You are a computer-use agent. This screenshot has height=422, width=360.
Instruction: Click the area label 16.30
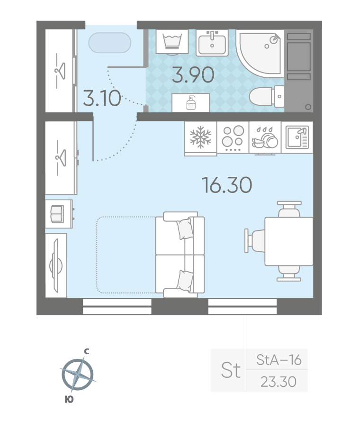[227, 185]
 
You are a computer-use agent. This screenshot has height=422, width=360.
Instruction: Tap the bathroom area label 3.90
[193, 75]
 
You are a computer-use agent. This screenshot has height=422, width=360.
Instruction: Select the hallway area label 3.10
[102, 98]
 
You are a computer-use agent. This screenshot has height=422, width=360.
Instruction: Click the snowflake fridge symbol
[200, 138]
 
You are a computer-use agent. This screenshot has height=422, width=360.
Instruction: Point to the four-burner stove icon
[233, 138]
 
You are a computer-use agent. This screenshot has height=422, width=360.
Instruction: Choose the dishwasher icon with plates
[265, 138]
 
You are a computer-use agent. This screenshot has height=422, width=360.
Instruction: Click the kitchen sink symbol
[297, 138]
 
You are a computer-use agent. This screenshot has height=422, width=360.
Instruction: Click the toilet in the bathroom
[267, 96]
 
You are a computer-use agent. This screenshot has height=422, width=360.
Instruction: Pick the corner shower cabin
[259, 53]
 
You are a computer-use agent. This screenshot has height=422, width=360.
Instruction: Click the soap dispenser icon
[191, 102]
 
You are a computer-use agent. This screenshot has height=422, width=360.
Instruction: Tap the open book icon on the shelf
[57, 214]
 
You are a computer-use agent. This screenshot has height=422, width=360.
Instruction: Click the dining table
[289, 241]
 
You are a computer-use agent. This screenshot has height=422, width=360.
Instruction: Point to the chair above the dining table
[289, 209]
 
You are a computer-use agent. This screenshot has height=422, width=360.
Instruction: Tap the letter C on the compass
[87, 351]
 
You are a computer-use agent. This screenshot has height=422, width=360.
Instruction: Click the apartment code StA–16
[279, 360]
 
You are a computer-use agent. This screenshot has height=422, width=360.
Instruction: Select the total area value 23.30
[279, 382]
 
